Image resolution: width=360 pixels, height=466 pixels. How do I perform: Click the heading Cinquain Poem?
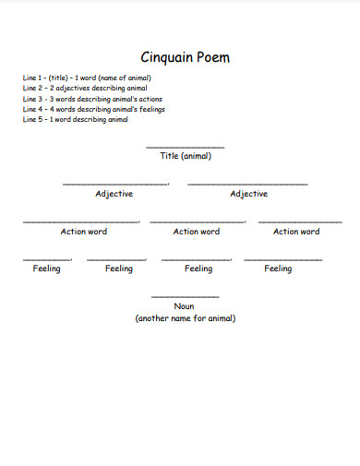(185, 57)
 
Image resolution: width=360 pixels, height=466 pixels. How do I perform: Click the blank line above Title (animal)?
(185, 147)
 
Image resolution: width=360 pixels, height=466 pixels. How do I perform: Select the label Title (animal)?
(186, 156)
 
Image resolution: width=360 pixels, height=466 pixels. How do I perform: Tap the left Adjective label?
(114, 194)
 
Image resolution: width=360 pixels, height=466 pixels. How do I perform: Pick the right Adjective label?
(248, 194)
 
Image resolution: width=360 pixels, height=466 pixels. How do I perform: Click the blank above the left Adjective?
(115, 184)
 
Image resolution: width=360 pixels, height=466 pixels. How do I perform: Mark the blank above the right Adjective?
(247, 184)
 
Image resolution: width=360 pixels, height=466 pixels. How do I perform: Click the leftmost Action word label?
(84, 232)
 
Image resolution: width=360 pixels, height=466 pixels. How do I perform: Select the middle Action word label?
(197, 232)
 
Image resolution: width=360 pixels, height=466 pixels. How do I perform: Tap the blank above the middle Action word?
(197, 221)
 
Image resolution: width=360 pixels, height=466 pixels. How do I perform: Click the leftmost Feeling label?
(46, 269)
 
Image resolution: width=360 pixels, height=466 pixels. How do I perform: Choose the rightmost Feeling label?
(278, 269)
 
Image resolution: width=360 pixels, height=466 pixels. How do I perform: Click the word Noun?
(185, 306)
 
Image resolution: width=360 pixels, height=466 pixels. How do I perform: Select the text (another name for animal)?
(186, 318)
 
